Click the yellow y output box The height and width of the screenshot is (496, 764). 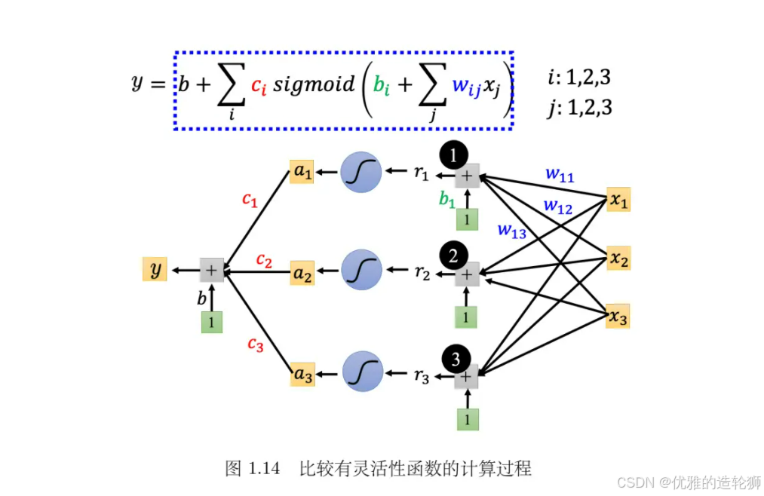pyautogui.click(x=155, y=268)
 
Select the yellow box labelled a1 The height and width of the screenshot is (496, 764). pyautogui.click(x=302, y=172)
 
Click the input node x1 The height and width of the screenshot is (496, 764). pyautogui.click(x=618, y=201)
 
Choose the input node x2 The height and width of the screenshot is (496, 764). pyautogui.click(x=618, y=259)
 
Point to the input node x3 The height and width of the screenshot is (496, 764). pyautogui.click(x=618, y=317)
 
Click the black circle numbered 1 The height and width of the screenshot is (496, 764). pyautogui.click(x=454, y=155)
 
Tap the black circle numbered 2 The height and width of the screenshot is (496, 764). pyautogui.click(x=454, y=256)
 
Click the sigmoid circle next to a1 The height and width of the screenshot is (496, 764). pyautogui.click(x=361, y=173)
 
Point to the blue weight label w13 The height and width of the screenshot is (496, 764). pyautogui.click(x=511, y=231)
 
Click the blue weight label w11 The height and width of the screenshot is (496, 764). pyautogui.click(x=560, y=176)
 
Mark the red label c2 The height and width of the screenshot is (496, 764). pyautogui.click(x=264, y=260)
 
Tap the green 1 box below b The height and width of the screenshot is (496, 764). pyautogui.click(x=212, y=322)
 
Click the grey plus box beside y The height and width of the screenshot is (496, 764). pyautogui.click(x=211, y=269)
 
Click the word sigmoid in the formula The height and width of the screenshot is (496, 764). pyautogui.click(x=313, y=84)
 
